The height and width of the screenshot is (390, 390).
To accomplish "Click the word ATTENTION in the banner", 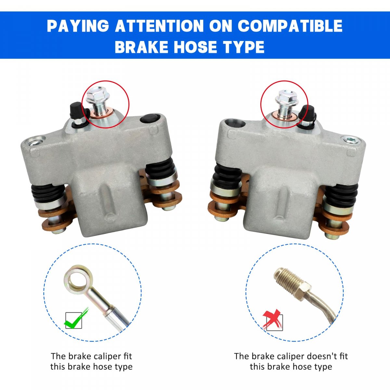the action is coord(159,26).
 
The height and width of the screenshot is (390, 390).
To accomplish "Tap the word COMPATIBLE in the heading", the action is coord(290,26).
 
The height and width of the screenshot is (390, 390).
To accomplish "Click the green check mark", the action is coord(76,318).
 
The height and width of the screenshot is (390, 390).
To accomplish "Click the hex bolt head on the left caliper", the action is coord(97,95).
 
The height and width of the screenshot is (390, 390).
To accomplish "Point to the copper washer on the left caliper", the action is coord(102,113).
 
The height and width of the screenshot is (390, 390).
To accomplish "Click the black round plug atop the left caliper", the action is coord(150,119).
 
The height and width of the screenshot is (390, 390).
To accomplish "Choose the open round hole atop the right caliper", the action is coord(235,123).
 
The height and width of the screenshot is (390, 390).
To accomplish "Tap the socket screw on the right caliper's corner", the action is coord(351,140).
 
